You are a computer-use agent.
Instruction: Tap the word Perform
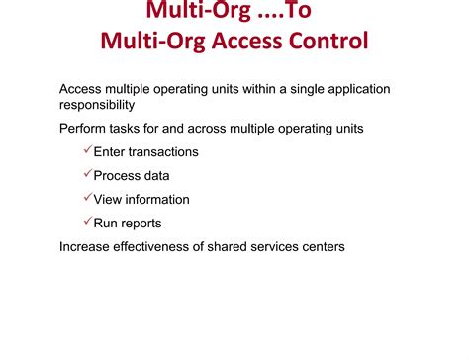tap(83, 129)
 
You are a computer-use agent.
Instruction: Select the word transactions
tap(162, 152)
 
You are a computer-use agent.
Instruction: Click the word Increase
tap(86, 247)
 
